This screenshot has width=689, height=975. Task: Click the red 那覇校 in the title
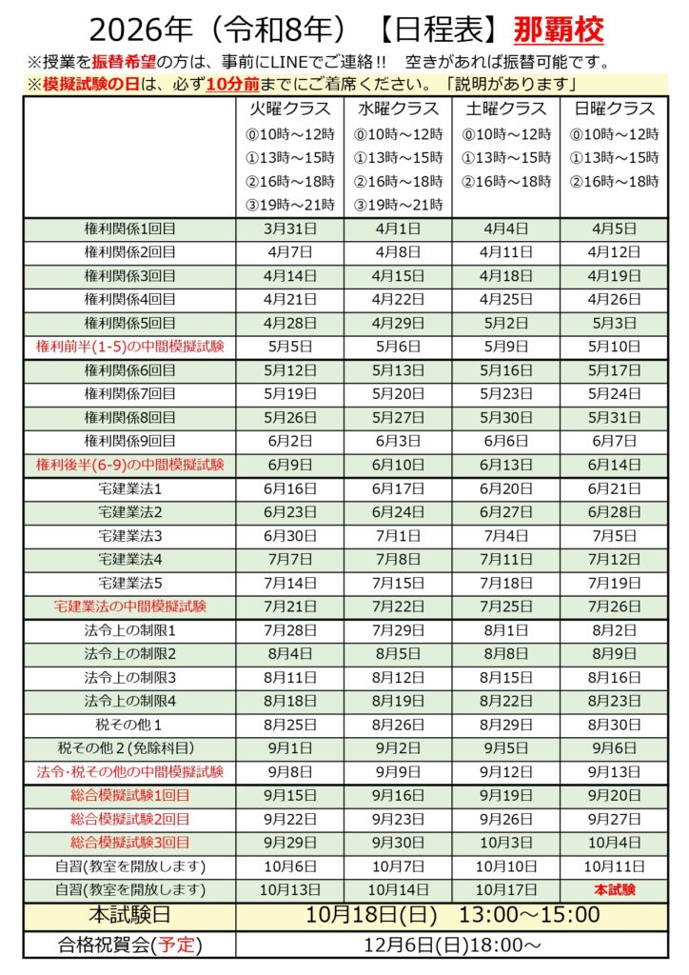click(x=558, y=31)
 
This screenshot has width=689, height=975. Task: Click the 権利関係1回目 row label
click(x=130, y=229)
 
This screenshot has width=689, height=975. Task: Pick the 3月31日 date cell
click(x=291, y=229)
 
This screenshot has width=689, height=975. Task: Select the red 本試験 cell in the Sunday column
click(x=614, y=889)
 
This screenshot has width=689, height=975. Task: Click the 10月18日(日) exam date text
click(x=371, y=916)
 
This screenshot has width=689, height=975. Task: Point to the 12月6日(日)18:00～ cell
click(x=452, y=945)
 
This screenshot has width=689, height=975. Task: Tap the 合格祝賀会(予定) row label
click(x=130, y=945)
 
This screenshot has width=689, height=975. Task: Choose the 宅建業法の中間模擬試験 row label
click(x=130, y=606)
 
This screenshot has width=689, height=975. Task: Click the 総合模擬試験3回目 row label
click(x=130, y=843)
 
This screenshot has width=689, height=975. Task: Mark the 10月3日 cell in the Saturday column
click(x=506, y=843)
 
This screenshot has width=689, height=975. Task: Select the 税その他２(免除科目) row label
click(x=130, y=747)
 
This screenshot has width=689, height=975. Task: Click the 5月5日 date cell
click(x=291, y=347)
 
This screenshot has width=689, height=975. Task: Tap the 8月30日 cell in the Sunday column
click(x=614, y=724)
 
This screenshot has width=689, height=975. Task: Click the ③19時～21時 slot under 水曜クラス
click(x=399, y=205)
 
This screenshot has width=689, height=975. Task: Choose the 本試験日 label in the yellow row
click(x=130, y=916)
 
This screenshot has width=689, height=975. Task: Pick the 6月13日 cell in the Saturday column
click(x=506, y=465)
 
